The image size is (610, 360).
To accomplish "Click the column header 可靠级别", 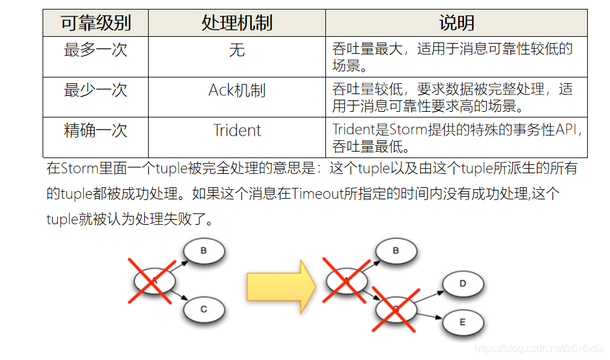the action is click(95, 23).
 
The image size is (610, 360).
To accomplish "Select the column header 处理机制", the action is click(236, 23).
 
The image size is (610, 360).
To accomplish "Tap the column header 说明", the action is click(456, 23).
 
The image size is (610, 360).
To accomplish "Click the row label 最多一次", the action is click(95, 50).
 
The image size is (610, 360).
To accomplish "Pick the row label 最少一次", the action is click(95, 90).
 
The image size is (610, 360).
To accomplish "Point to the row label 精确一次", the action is click(95, 131).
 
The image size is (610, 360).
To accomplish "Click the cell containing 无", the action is click(236, 50).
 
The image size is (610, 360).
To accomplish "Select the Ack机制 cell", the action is click(236, 90).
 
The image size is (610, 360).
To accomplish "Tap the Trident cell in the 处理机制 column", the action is click(236, 131).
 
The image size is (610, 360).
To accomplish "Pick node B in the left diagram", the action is click(204, 251).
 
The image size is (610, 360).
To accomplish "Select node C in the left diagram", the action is click(204, 309).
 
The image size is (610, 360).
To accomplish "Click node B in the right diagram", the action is click(396, 251).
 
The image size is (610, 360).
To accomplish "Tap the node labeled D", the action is click(463, 283).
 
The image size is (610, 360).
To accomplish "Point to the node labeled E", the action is click(463, 322).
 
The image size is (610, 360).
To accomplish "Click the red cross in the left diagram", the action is click(153, 280).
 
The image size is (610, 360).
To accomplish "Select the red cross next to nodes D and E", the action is click(395, 309).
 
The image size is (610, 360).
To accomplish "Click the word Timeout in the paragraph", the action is click(318, 194).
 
